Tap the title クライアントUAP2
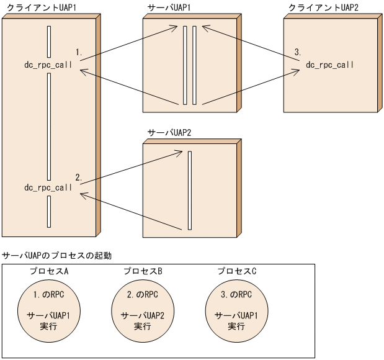(x=323, y=7)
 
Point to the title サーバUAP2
(x=168, y=133)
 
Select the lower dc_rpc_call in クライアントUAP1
(x=48, y=187)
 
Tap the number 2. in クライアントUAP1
(x=79, y=177)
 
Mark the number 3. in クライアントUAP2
(x=298, y=53)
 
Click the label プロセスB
(x=143, y=271)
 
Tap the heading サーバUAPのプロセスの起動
(x=57, y=255)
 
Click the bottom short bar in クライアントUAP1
(x=48, y=213)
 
